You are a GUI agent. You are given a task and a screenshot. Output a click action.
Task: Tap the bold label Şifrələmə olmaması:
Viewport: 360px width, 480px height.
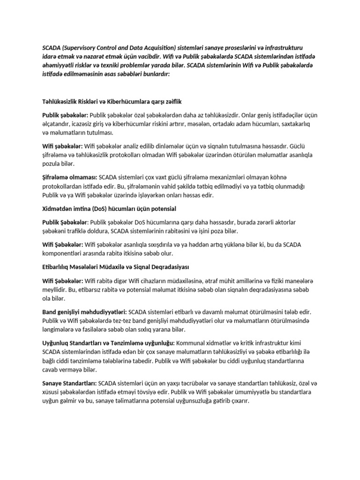point(69,178)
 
